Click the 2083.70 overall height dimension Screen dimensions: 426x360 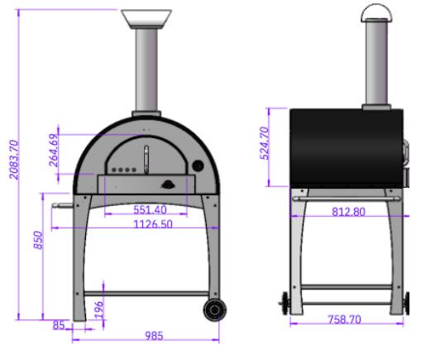(14, 160)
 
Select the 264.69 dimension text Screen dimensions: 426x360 (54, 151)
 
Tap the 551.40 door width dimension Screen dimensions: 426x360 (150, 210)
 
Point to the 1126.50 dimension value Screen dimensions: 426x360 (153, 224)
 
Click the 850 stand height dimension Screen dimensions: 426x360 (38, 240)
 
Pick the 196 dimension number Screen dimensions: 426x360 (98, 310)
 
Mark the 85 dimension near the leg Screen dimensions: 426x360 (59, 325)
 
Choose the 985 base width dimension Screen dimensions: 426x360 (154, 336)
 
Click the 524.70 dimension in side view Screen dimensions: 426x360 (265, 143)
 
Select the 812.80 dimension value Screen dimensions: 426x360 (348, 212)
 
